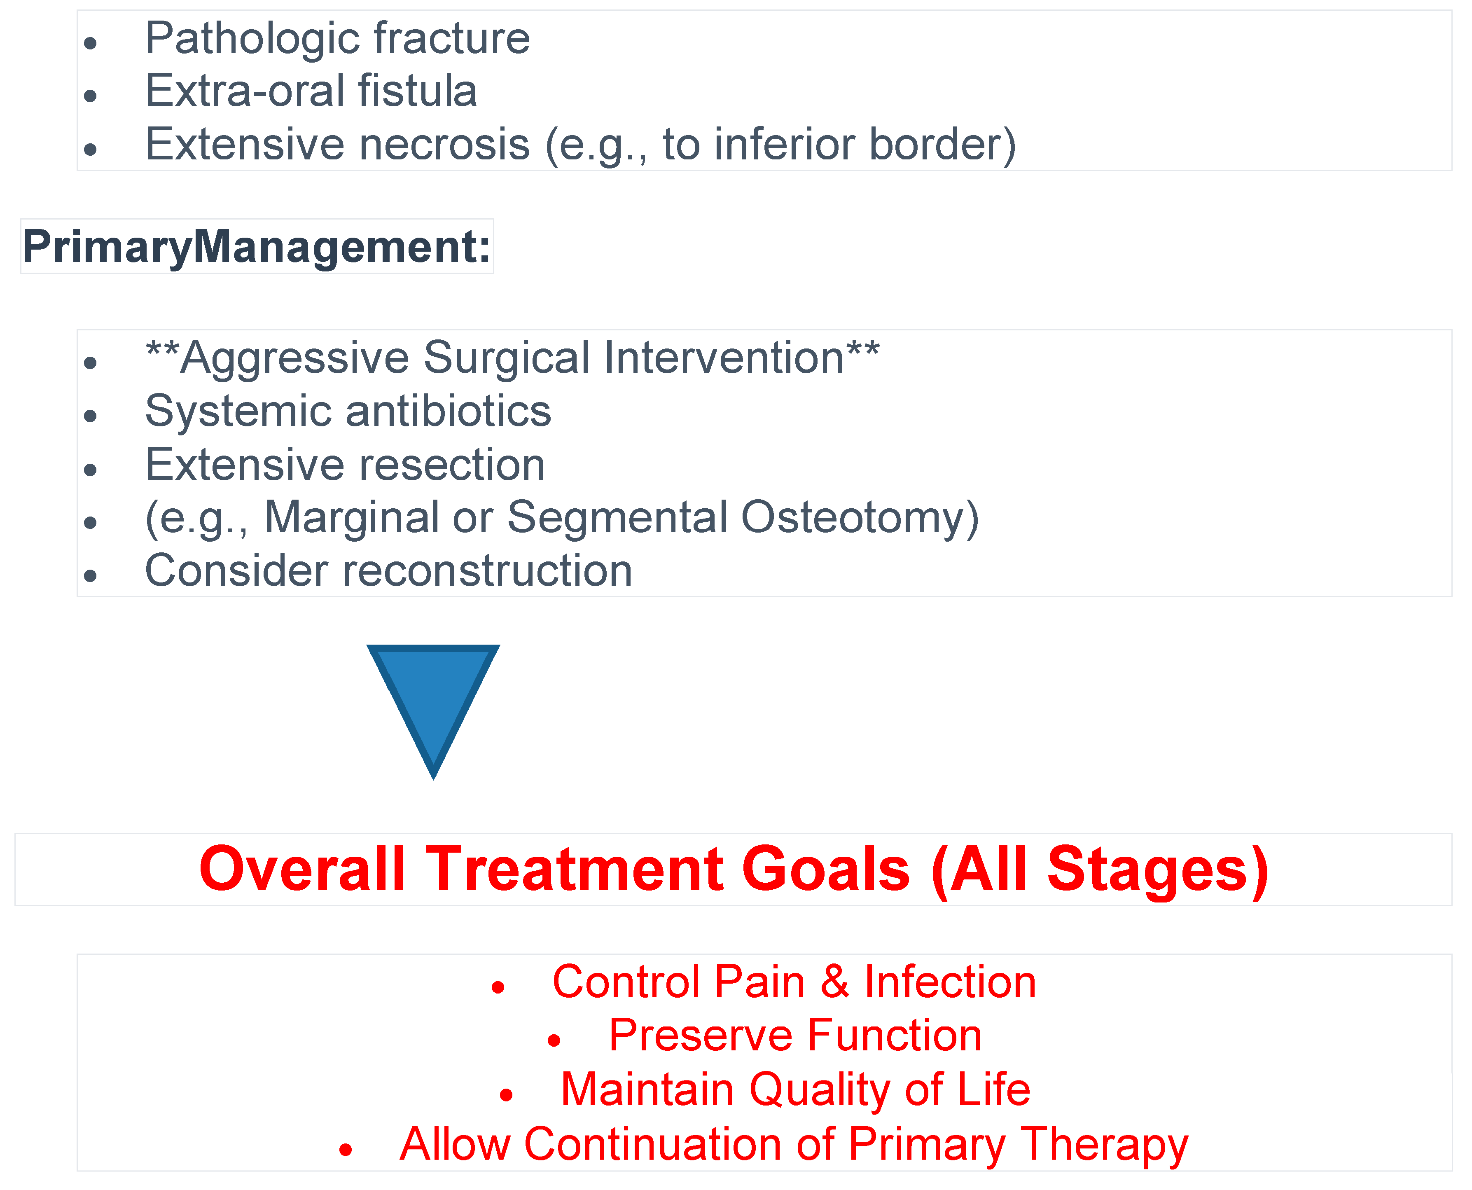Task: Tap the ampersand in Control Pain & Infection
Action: coord(835,982)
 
